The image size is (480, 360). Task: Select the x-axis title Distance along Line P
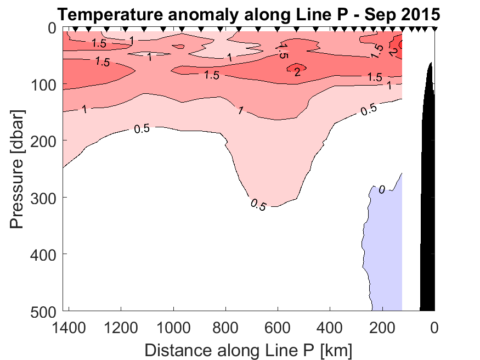(248, 350)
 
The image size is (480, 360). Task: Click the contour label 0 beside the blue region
(381, 190)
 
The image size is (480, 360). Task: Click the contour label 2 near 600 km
(297, 72)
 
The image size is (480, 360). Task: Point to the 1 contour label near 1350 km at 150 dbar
(85, 109)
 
